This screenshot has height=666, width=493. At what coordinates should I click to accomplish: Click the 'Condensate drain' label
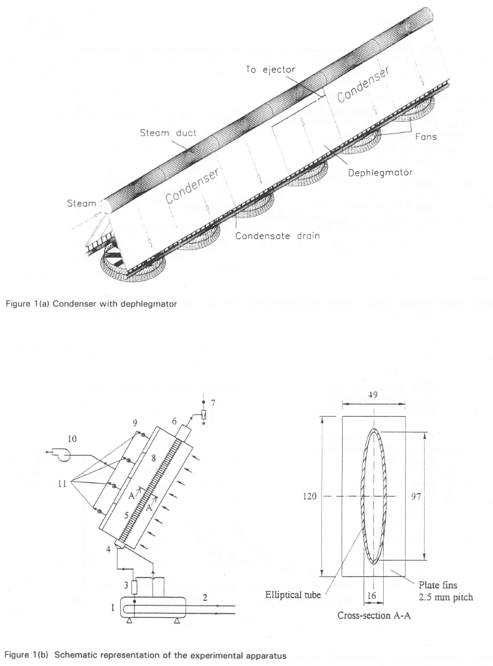pos(278,236)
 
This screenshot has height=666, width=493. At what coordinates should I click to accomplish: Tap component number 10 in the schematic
pos(72,439)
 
